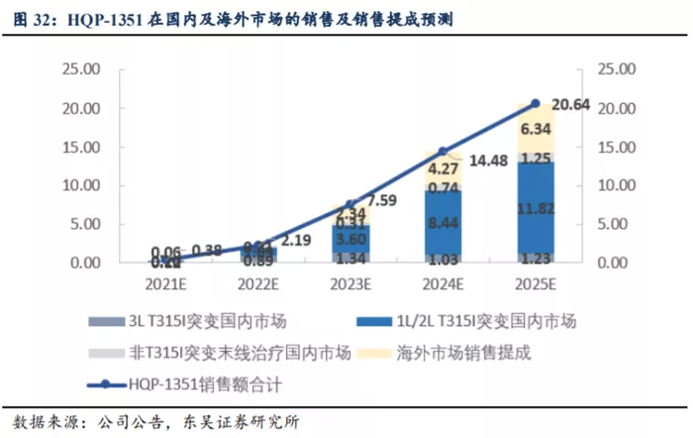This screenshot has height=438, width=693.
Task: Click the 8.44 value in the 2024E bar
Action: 444,224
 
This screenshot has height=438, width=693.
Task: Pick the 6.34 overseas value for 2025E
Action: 536,129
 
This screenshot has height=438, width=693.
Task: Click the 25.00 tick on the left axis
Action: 81,69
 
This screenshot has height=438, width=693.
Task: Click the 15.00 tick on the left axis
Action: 81,147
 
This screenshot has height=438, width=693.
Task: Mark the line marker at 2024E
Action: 444,152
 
